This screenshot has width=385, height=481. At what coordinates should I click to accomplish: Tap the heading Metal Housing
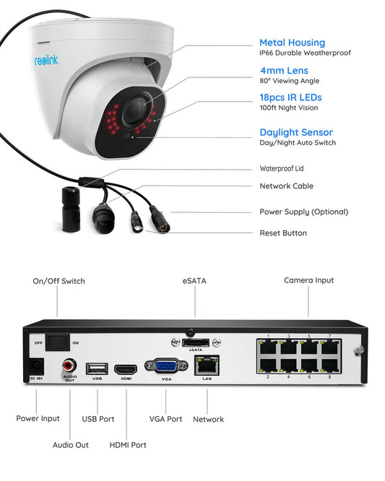pos(292,43)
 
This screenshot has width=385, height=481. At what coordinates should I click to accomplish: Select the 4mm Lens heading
pos(284,71)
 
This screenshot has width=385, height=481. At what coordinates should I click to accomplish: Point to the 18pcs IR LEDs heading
pos(290,97)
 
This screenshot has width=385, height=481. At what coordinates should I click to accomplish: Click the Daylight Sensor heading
pos(296,132)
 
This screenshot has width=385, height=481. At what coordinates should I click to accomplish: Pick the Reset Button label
pos(283,233)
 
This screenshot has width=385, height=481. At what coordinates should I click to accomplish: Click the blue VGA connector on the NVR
pos(165,367)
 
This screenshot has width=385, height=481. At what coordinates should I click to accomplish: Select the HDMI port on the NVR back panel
pos(126,368)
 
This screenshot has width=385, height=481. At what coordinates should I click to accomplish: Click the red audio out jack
pos(71,365)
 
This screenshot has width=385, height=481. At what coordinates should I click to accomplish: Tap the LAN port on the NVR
pos(207,365)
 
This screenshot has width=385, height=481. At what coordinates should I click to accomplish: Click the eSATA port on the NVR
pos(195,342)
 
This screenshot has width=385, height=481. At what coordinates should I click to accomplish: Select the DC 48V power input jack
pos(36,367)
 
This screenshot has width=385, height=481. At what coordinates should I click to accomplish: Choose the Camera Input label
pos(308,280)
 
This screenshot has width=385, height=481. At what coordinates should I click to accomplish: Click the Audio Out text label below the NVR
pos(71,445)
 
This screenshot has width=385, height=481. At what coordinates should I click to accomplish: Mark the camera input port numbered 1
pos(268,346)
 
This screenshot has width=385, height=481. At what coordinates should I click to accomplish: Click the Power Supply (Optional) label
pos(303,212)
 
